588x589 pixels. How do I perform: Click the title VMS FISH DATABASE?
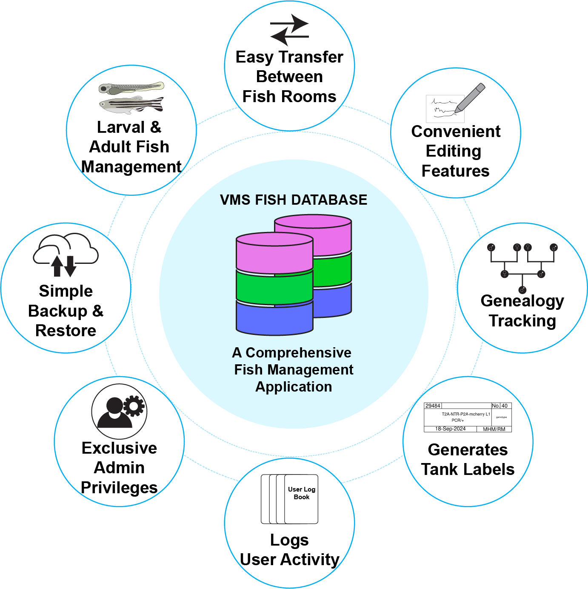[294, 200]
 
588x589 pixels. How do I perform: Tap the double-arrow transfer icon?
[290, 30]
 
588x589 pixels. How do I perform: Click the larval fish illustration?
[131, 88]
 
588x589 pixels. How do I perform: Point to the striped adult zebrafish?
[131, 104]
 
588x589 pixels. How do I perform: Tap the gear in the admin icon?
[134, 406]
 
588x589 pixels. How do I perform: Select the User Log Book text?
[302, 493]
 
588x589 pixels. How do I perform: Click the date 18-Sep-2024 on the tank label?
[450, 429]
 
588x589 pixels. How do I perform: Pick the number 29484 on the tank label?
[433, 406]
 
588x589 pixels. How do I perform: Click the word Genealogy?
[522, 301]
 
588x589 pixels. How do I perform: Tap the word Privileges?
[119, 488]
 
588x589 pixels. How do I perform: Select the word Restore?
[66, 331]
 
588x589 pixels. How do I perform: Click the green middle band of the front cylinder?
[274, 288]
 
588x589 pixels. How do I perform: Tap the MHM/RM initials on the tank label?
[494, 429]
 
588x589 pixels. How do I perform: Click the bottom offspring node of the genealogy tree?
[522, 290]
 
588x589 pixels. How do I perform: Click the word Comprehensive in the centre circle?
[298, 353]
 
